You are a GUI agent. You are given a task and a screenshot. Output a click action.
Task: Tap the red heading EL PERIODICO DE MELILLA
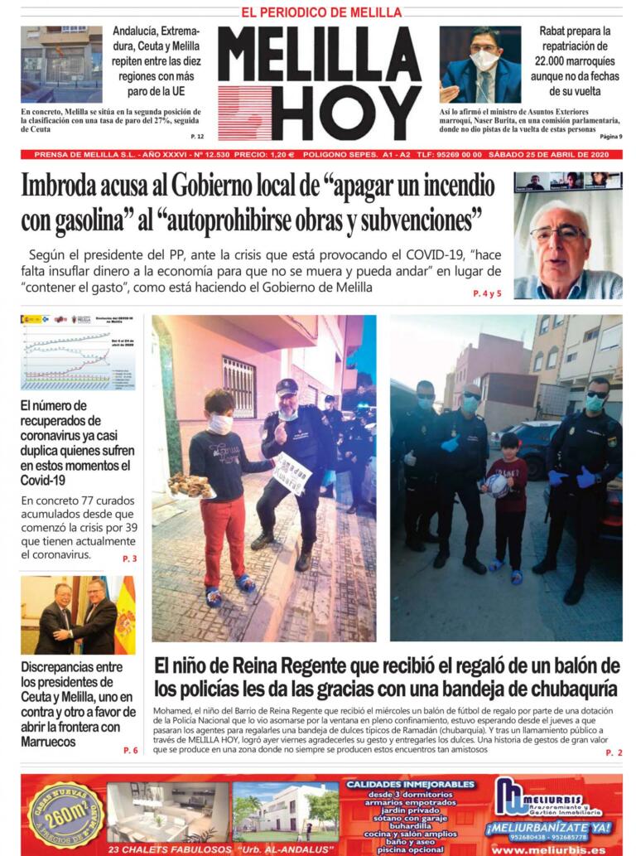click(321, 12)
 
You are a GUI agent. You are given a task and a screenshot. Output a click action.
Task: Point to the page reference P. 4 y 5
click(487, 293)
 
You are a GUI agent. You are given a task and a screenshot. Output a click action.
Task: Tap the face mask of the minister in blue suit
click(484, 60)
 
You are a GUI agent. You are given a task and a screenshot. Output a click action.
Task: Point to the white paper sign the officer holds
click(291, 472)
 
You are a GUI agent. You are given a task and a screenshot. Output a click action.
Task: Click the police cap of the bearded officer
click(287, 385)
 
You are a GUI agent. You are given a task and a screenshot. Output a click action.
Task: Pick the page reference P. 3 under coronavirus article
click(129, 559)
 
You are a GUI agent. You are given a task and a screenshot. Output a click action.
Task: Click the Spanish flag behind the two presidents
click(125, 616)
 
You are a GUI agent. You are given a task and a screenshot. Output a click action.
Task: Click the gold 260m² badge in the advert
click(66, 814)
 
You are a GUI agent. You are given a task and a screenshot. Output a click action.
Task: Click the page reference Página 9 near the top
click(609, 136)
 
